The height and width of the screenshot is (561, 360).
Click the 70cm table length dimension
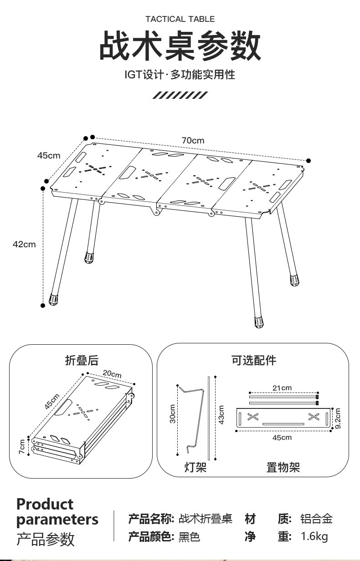193,141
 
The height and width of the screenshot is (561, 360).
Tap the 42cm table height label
24,244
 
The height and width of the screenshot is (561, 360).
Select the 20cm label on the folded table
112,374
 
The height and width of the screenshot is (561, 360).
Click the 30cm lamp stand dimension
173,414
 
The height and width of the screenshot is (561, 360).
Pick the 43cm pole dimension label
221,415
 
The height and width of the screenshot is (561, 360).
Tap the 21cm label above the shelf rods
282,388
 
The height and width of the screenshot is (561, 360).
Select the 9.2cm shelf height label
338,418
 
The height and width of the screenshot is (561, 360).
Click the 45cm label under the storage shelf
282,438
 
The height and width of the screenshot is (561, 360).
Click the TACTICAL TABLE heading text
180,19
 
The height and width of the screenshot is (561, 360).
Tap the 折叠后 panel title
82,360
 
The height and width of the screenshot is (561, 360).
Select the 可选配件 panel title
254,360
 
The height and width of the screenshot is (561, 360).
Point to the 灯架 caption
195,467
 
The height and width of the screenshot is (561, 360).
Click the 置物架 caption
283,467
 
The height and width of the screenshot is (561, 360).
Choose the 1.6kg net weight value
314,536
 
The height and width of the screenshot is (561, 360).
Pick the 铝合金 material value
317,519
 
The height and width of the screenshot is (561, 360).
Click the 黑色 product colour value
189,537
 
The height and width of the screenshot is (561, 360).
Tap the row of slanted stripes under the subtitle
180,95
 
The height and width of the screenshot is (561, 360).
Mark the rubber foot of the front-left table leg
53,299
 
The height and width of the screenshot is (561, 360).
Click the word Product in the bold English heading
45,504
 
